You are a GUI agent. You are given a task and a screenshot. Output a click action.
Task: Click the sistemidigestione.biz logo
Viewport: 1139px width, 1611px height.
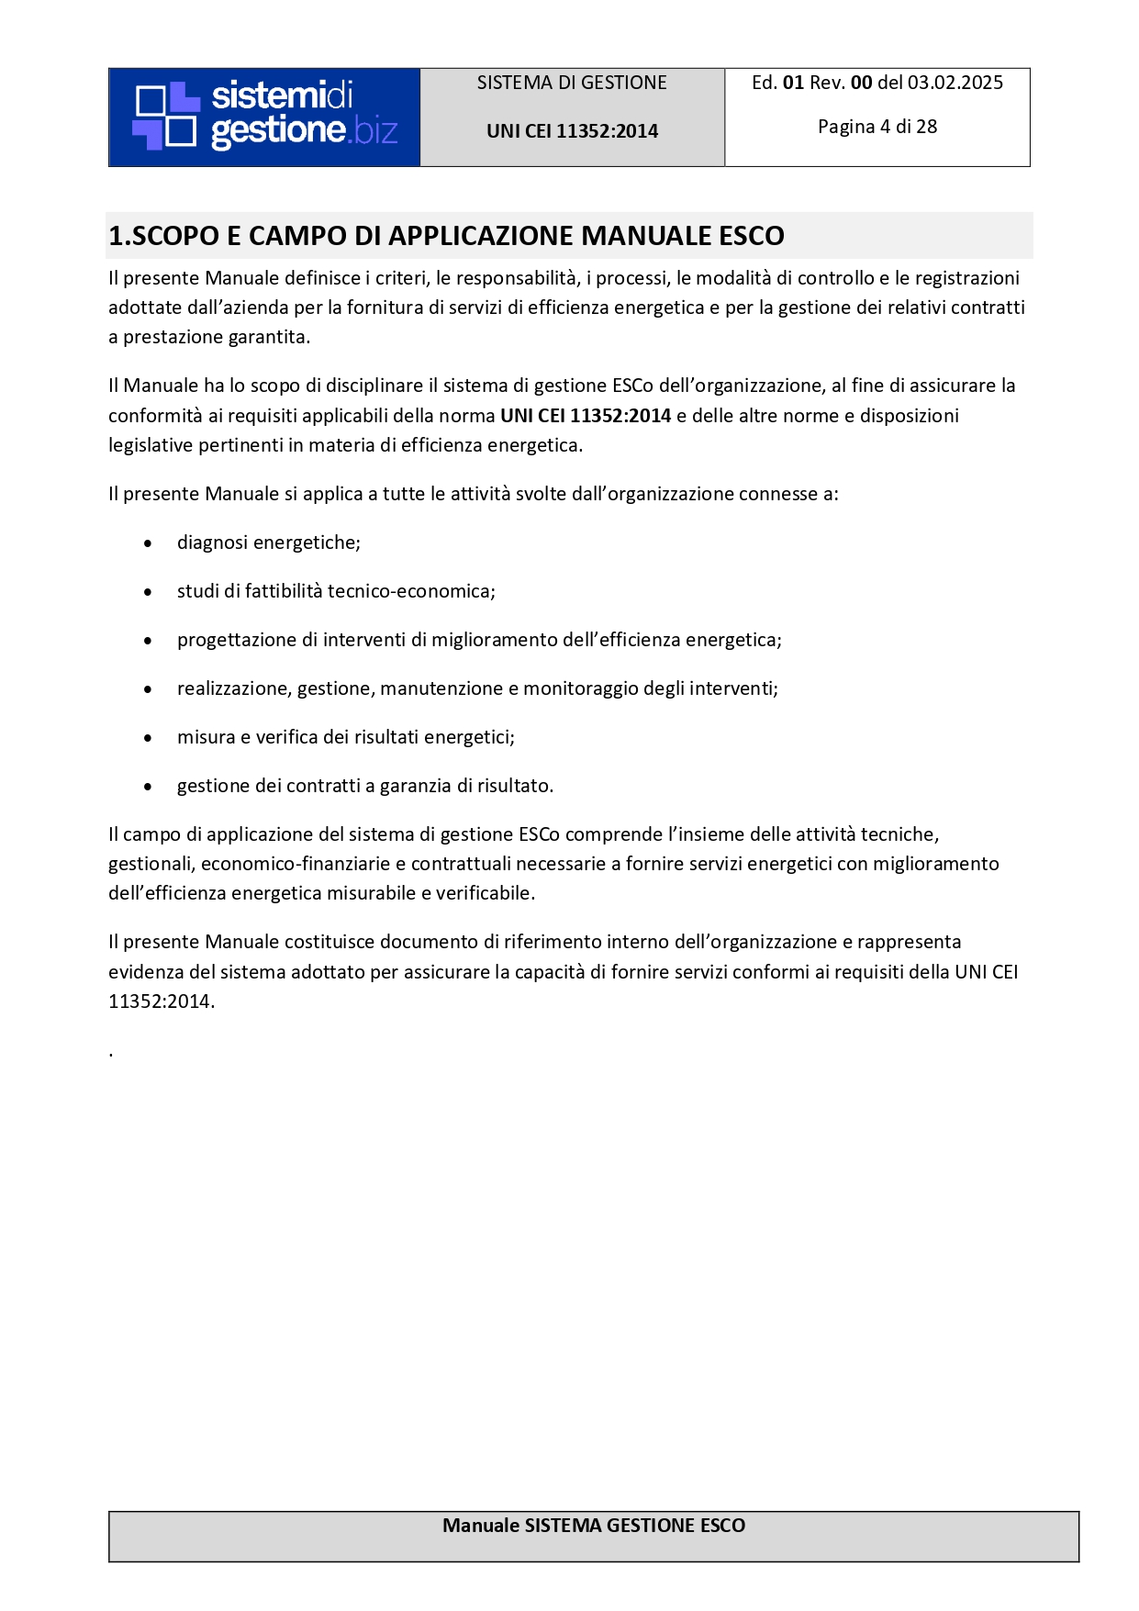click(264, 117)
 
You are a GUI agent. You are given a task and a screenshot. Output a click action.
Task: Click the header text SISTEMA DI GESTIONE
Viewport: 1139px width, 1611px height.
click(572, 83)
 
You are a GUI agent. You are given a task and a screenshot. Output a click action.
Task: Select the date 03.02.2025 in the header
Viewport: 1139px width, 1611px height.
click(955, 83)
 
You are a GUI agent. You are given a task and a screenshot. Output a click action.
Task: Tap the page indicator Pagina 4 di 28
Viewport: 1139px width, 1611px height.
click(877, 127)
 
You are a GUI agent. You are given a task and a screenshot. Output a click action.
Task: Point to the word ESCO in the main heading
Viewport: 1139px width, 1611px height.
click(752, 236)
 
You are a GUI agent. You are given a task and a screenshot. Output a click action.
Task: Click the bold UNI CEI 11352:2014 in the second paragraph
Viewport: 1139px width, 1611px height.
click(586, 416)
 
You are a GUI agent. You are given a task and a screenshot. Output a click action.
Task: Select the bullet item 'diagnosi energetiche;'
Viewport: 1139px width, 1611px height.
click(268, 543)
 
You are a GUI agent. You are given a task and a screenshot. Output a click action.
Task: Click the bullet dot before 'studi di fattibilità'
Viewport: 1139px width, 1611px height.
click(148, 592)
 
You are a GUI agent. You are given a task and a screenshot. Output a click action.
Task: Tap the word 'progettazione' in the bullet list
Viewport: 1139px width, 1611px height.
click(236, 640)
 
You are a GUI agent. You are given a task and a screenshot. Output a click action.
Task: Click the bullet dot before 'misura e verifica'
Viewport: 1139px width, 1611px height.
click(148, 738)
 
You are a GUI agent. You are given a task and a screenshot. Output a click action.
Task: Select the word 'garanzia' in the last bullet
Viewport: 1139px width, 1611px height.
click(416, 786)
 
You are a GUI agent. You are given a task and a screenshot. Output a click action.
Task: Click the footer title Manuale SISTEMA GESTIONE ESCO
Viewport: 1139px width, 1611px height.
click(594, 1526)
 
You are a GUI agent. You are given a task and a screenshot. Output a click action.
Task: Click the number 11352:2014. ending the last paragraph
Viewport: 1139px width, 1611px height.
click(162, 1001)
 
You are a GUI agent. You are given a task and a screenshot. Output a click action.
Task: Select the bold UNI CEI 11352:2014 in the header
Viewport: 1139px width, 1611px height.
click(572, 131)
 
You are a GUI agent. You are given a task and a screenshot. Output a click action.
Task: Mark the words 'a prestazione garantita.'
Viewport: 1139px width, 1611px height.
click(209, 337)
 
